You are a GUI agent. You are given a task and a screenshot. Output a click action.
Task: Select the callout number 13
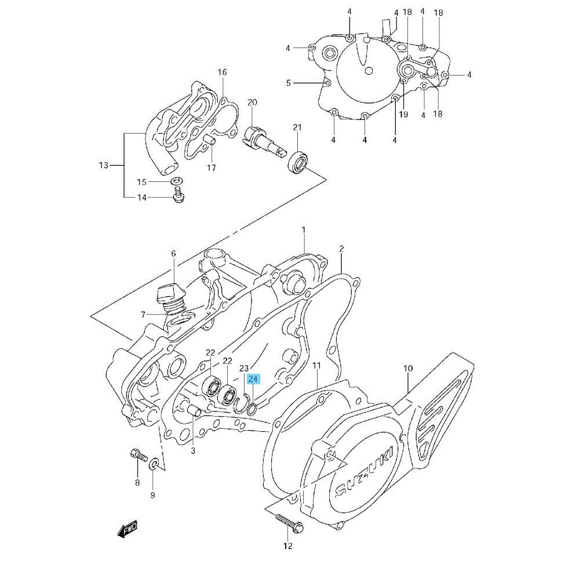[x=103, y=166]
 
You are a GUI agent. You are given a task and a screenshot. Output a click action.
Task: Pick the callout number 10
[x=408, y=368]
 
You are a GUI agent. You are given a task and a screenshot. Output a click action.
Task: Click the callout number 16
[x=222, y=72]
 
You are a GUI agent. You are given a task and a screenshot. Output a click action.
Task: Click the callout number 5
[x=288, y=83]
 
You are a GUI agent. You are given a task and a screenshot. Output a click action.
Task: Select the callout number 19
[x=403, y=114]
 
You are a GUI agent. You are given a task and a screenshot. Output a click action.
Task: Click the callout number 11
[x=316, y=365]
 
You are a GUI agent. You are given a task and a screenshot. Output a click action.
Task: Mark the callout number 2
[x=341, y=249]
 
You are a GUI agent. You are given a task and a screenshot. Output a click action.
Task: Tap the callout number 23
[x=243, y=368]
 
